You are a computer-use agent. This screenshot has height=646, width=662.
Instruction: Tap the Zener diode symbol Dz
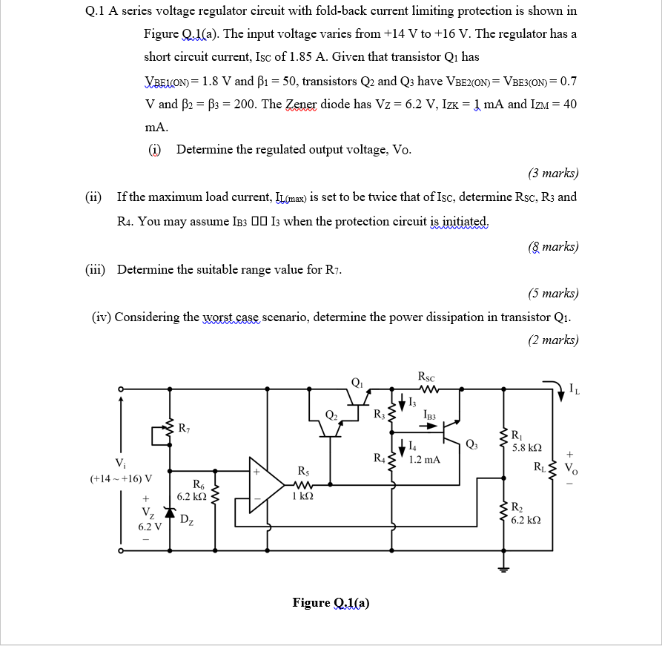point(170,512)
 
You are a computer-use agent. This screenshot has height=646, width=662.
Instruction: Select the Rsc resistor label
point(426,376)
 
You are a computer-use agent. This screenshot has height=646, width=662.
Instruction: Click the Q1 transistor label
point(357,383)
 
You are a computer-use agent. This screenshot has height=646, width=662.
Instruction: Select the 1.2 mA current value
point(425,459)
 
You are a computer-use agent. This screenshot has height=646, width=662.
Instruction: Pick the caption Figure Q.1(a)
point(331,602)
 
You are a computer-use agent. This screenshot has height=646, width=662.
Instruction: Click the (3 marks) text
point(553,174)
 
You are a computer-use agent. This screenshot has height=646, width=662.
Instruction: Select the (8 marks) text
point(553,246)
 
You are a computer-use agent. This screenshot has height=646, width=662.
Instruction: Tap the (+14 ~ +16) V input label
point(121,478)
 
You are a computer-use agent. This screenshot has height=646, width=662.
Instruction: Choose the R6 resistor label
point(199,484)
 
